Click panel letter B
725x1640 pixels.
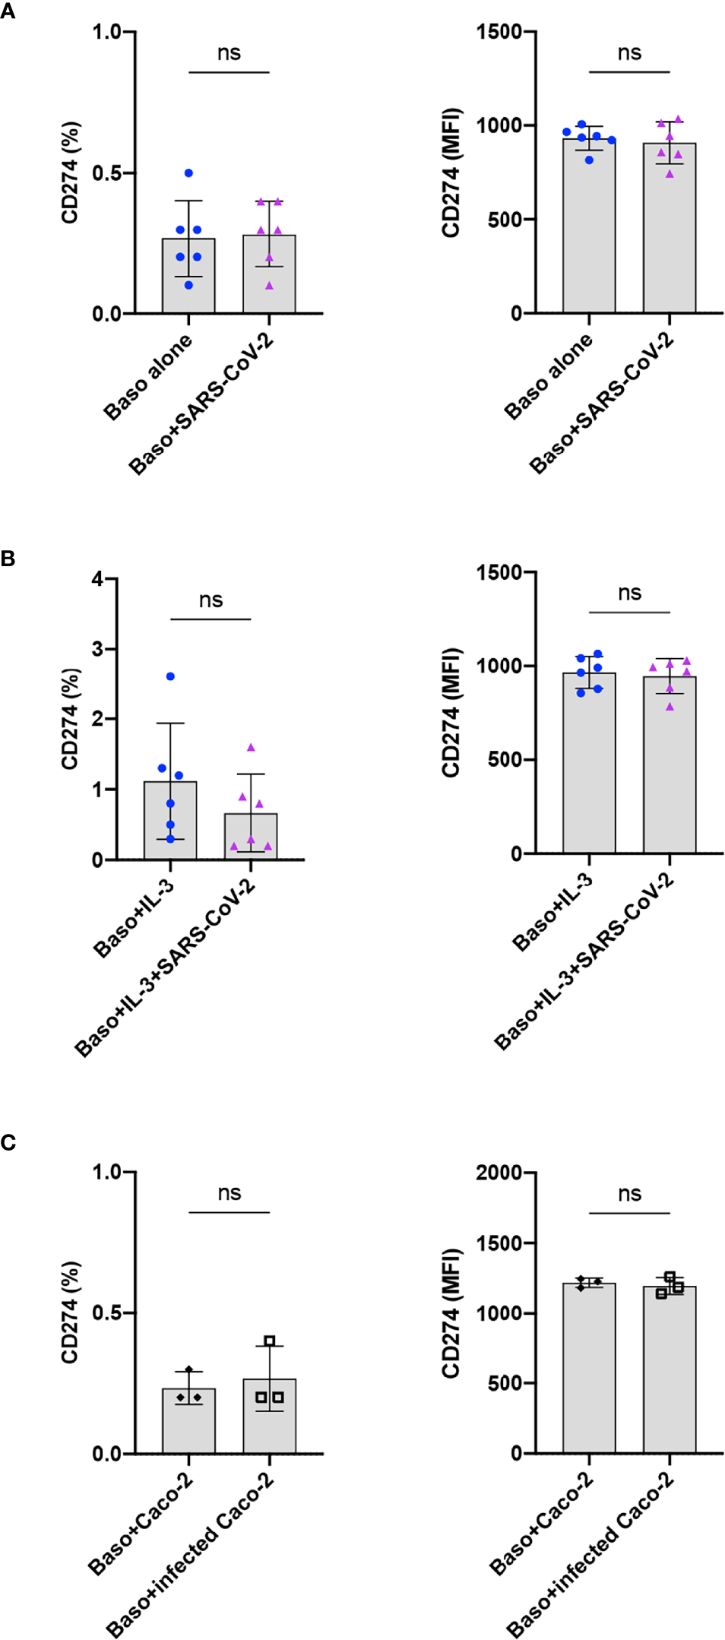[8, 559]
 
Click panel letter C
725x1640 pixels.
[8, 1142]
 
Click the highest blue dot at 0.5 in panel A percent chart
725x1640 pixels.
[188, 173]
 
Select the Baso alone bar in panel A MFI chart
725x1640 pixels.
[589, 228]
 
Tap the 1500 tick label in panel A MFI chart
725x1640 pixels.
[499, 32]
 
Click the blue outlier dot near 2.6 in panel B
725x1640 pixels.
[170, 676]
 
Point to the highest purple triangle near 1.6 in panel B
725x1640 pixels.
[251, 748]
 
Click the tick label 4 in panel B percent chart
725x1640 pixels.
[97, 579]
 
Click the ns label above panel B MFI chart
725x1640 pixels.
[629, 593]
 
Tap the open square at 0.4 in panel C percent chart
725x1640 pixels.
[270, 1340]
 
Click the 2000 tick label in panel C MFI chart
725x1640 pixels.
[499, 1173]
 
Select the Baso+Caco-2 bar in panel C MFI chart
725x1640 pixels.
[589, 1368]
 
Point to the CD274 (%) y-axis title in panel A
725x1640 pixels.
[70, 173]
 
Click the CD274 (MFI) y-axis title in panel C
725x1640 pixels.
[451, 1312]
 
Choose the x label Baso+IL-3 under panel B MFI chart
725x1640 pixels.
[552, 912]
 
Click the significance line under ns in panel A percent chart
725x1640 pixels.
[229, 72]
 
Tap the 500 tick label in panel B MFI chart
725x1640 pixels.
[505, 759]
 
